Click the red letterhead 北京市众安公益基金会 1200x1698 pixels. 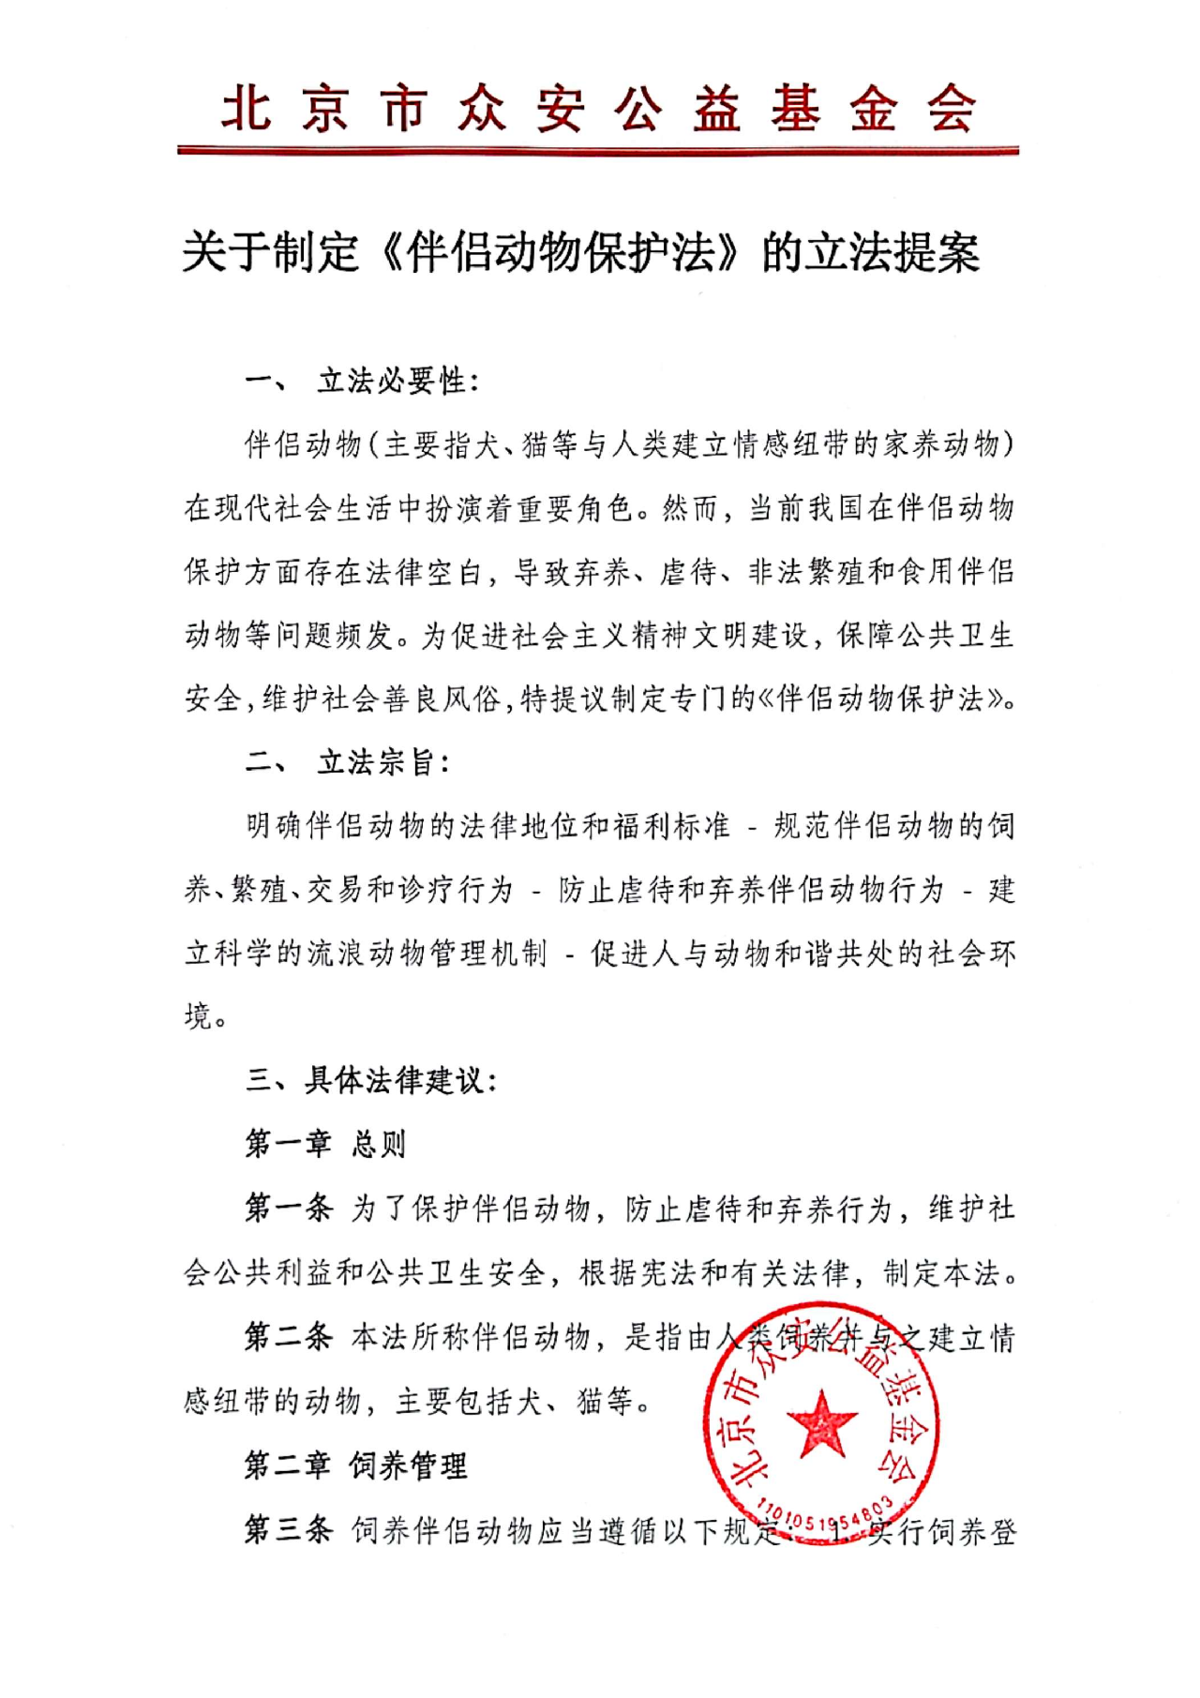[598, 108]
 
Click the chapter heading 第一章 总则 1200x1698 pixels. [324, 1144]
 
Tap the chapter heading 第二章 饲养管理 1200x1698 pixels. [355, 1465]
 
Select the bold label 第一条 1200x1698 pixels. [288, 1208]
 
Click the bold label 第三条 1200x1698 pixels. [288, 1529]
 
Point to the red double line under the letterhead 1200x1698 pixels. [598, 150]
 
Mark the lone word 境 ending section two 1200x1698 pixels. [199, 1016]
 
